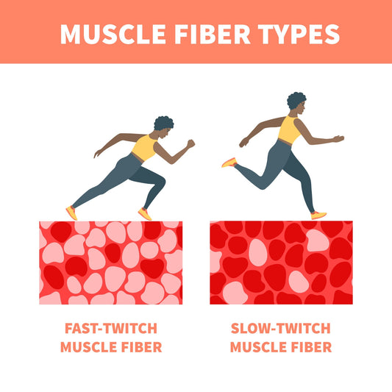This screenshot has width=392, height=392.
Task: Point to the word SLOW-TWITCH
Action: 281,329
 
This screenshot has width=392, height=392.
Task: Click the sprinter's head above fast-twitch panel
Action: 163,126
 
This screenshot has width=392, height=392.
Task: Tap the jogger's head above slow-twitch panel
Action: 296,104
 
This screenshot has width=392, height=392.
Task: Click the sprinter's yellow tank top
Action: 143,149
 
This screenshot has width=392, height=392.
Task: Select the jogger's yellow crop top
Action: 289,130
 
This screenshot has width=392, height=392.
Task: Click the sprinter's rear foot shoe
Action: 71,212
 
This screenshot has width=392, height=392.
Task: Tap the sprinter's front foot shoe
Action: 144,214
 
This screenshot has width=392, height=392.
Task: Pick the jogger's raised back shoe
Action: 229,162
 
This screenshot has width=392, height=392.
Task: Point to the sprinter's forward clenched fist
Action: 190,144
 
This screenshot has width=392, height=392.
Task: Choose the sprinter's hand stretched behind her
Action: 97,154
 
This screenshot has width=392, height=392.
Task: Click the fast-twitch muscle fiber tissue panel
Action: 110,263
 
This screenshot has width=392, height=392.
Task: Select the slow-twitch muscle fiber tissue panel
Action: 281,263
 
